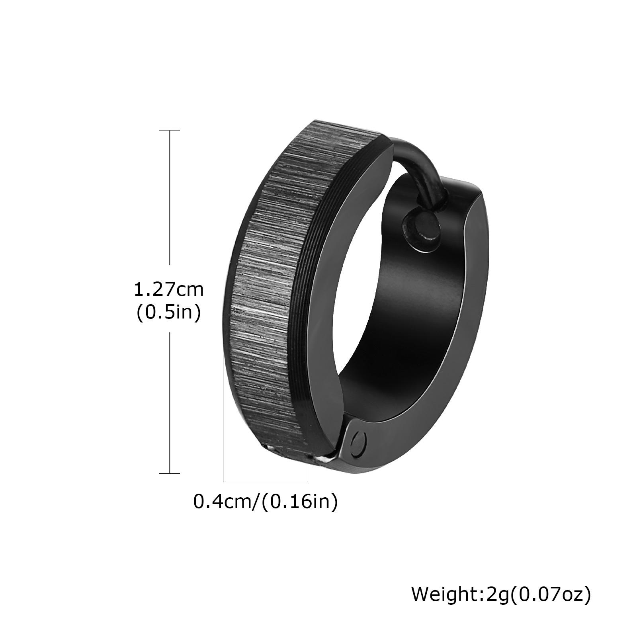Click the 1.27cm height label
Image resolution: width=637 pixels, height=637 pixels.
[x=168, y=289]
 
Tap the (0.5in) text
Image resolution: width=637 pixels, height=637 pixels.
[x=168, y=313]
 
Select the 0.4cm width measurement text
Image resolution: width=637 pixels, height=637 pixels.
[x=224, y=501]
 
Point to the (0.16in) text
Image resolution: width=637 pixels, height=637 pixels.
[x=300, y=502]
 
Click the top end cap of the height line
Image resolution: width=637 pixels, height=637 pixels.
[x=170, y=130]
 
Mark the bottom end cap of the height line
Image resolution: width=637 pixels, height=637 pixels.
[x=170, y=473]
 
